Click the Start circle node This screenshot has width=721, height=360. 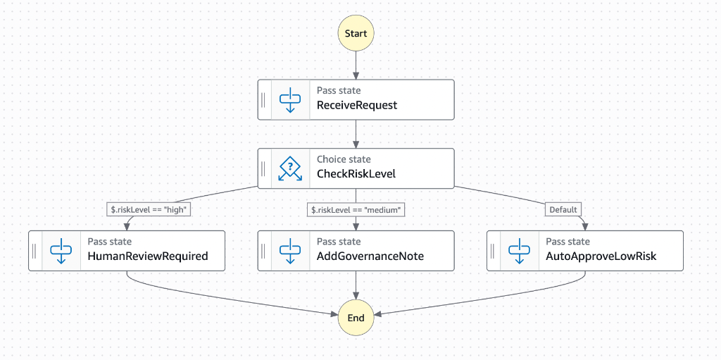point(356,34)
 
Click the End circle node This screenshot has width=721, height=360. point(356,318)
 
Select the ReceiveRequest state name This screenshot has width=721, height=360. point(357,105)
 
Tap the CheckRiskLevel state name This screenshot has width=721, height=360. point(356,173)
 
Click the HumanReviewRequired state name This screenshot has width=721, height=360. point(148,256)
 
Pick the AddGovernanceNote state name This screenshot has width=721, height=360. point(370,256)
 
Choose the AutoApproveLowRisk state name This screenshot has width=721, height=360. point(601,256)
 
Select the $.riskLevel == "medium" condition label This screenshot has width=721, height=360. point(358,209)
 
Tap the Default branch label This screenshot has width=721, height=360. point(563,209)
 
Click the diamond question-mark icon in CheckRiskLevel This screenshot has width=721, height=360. point(290,168)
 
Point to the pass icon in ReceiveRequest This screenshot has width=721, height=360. point(290,99)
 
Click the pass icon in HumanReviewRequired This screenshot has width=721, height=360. point(61,251)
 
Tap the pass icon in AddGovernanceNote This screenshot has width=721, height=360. point(290,251)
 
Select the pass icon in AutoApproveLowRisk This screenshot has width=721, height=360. point(519,251)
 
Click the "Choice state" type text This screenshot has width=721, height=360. point(344,159)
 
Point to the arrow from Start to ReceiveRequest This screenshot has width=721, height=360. point(356,65)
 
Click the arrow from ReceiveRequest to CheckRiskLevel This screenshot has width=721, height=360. point(356,134)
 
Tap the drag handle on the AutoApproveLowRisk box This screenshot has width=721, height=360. point(493,251)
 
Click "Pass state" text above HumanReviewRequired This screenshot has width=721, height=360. point(110,242)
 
